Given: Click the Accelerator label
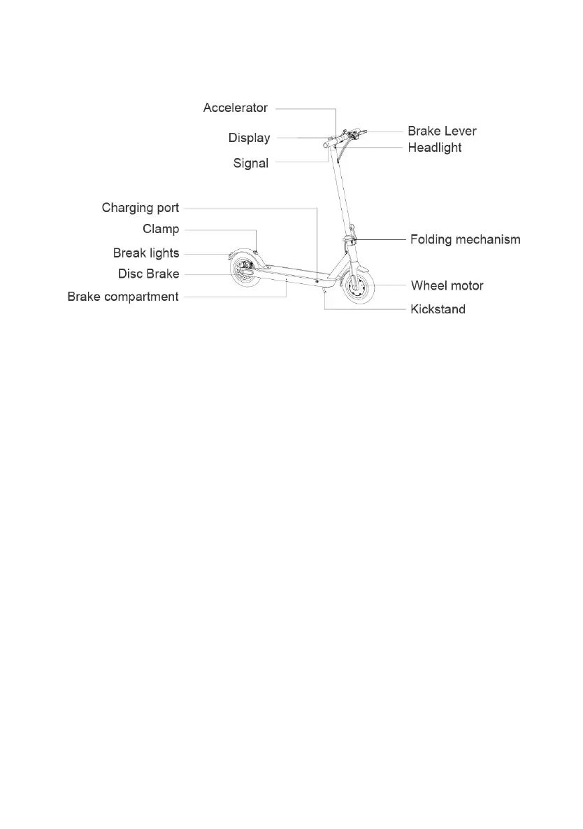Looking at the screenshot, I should point(235,108).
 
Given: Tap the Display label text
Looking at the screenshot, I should point(249,138).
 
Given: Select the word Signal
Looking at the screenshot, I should point(250,163).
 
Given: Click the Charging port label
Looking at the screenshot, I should point(141,208).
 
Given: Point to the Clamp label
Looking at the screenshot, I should point(161,229).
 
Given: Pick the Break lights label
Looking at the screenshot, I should point(146,253).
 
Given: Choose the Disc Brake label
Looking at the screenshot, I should point(148,274).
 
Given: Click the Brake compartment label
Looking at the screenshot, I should point(123,297).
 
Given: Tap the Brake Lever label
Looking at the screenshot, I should point(442,131).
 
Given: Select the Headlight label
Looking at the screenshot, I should point(434,148).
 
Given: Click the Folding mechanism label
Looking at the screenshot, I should point(465,239).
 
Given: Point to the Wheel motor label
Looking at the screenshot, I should point(447,285).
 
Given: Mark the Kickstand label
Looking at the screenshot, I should point(438,309).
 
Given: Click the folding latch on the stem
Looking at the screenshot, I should point(351,239).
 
